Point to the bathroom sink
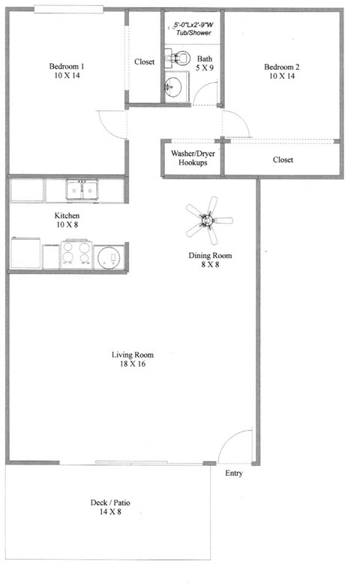(x=173, y=85)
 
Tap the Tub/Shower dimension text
(x=192, y=29)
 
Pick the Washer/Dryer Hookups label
(x=192, y=158)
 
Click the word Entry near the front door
(x=234, y=473)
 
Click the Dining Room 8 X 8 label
(x=209, y=260)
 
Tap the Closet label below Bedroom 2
(x=283, y=160)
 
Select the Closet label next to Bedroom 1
(x=144, y=62)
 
